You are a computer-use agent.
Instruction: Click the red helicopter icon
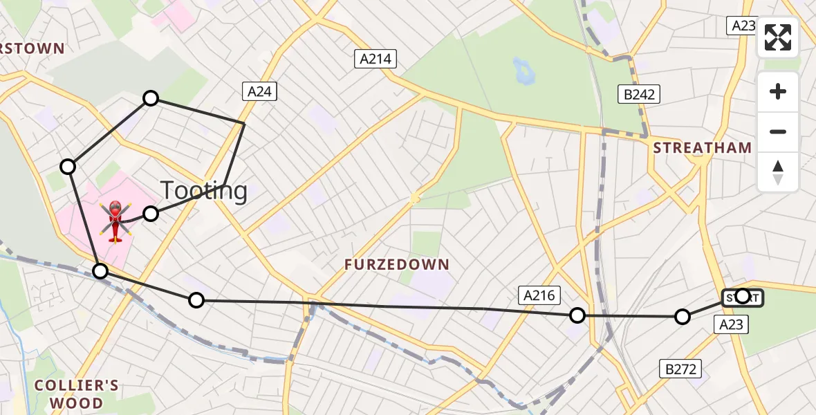coord(115,220)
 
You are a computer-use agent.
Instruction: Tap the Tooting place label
coord(204,190)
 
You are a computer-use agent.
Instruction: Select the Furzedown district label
coord(398,264)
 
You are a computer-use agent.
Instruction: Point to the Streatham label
coord(703,147)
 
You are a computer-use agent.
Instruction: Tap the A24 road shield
coord(259,91)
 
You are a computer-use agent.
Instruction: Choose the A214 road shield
coord(375,59)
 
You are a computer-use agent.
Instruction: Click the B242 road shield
coord(638,94)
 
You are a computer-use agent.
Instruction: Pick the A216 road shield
coord(539,296)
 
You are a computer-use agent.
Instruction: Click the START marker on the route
coord(743,297)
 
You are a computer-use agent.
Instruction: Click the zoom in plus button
coord(778,92)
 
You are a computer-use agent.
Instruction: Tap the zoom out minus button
coord(778,131)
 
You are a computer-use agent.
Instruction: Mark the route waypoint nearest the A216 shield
coord(577,315)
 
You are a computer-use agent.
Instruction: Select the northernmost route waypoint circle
coord(151,98)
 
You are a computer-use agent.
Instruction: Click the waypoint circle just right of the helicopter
coord(151,214)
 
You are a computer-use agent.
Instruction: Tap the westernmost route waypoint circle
coord(68,166)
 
